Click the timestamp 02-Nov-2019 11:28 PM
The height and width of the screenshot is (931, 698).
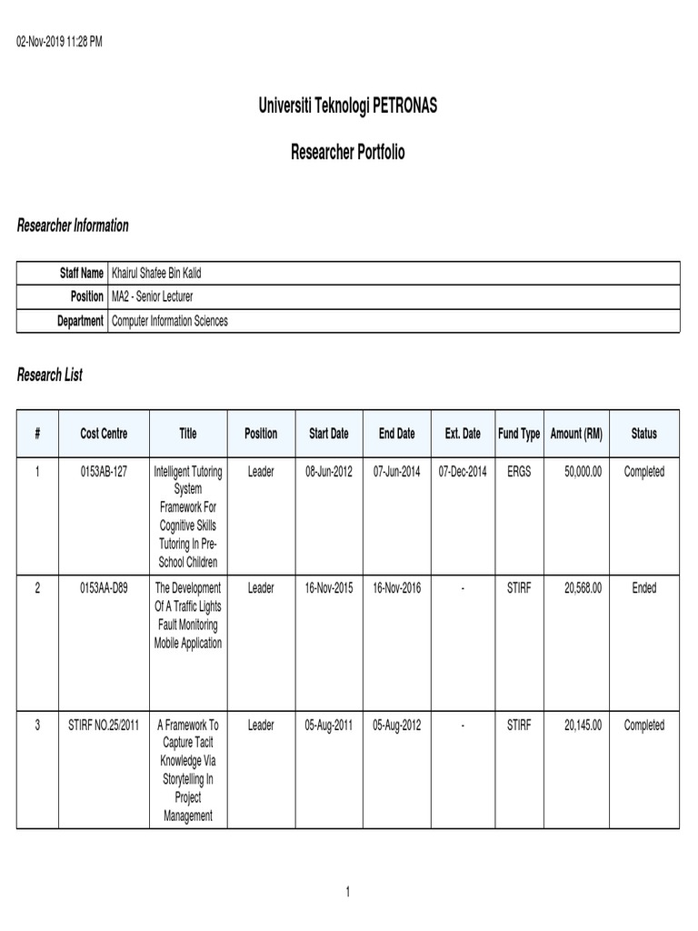tap(60, 43)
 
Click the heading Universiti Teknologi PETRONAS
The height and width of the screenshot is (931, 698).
tap(348, 106)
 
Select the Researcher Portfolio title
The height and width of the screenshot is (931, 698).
tap(348, 153)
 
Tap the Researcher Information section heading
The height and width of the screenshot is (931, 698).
tap(73, 225)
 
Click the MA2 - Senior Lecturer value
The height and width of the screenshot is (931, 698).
tap(152, 296)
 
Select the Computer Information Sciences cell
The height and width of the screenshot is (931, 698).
tap(169, 321)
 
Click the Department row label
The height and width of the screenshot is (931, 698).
tap(79, 321)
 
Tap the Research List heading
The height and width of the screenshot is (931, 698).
tap(50, 375)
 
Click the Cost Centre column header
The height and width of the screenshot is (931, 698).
tap(104, 434)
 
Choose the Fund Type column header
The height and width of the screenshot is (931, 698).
tap(519, 434)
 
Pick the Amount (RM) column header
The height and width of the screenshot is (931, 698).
tap(576, 434)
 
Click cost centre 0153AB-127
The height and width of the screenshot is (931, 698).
tap(104, 472)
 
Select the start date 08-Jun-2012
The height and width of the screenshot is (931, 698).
tap(327, 472)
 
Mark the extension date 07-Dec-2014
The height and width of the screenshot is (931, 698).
tap(463, 472)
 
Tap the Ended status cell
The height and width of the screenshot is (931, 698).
tap(643, 588)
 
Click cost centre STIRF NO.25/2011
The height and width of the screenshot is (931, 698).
tap(104, 726)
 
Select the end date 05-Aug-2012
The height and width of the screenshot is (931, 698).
tap(396, 726)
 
